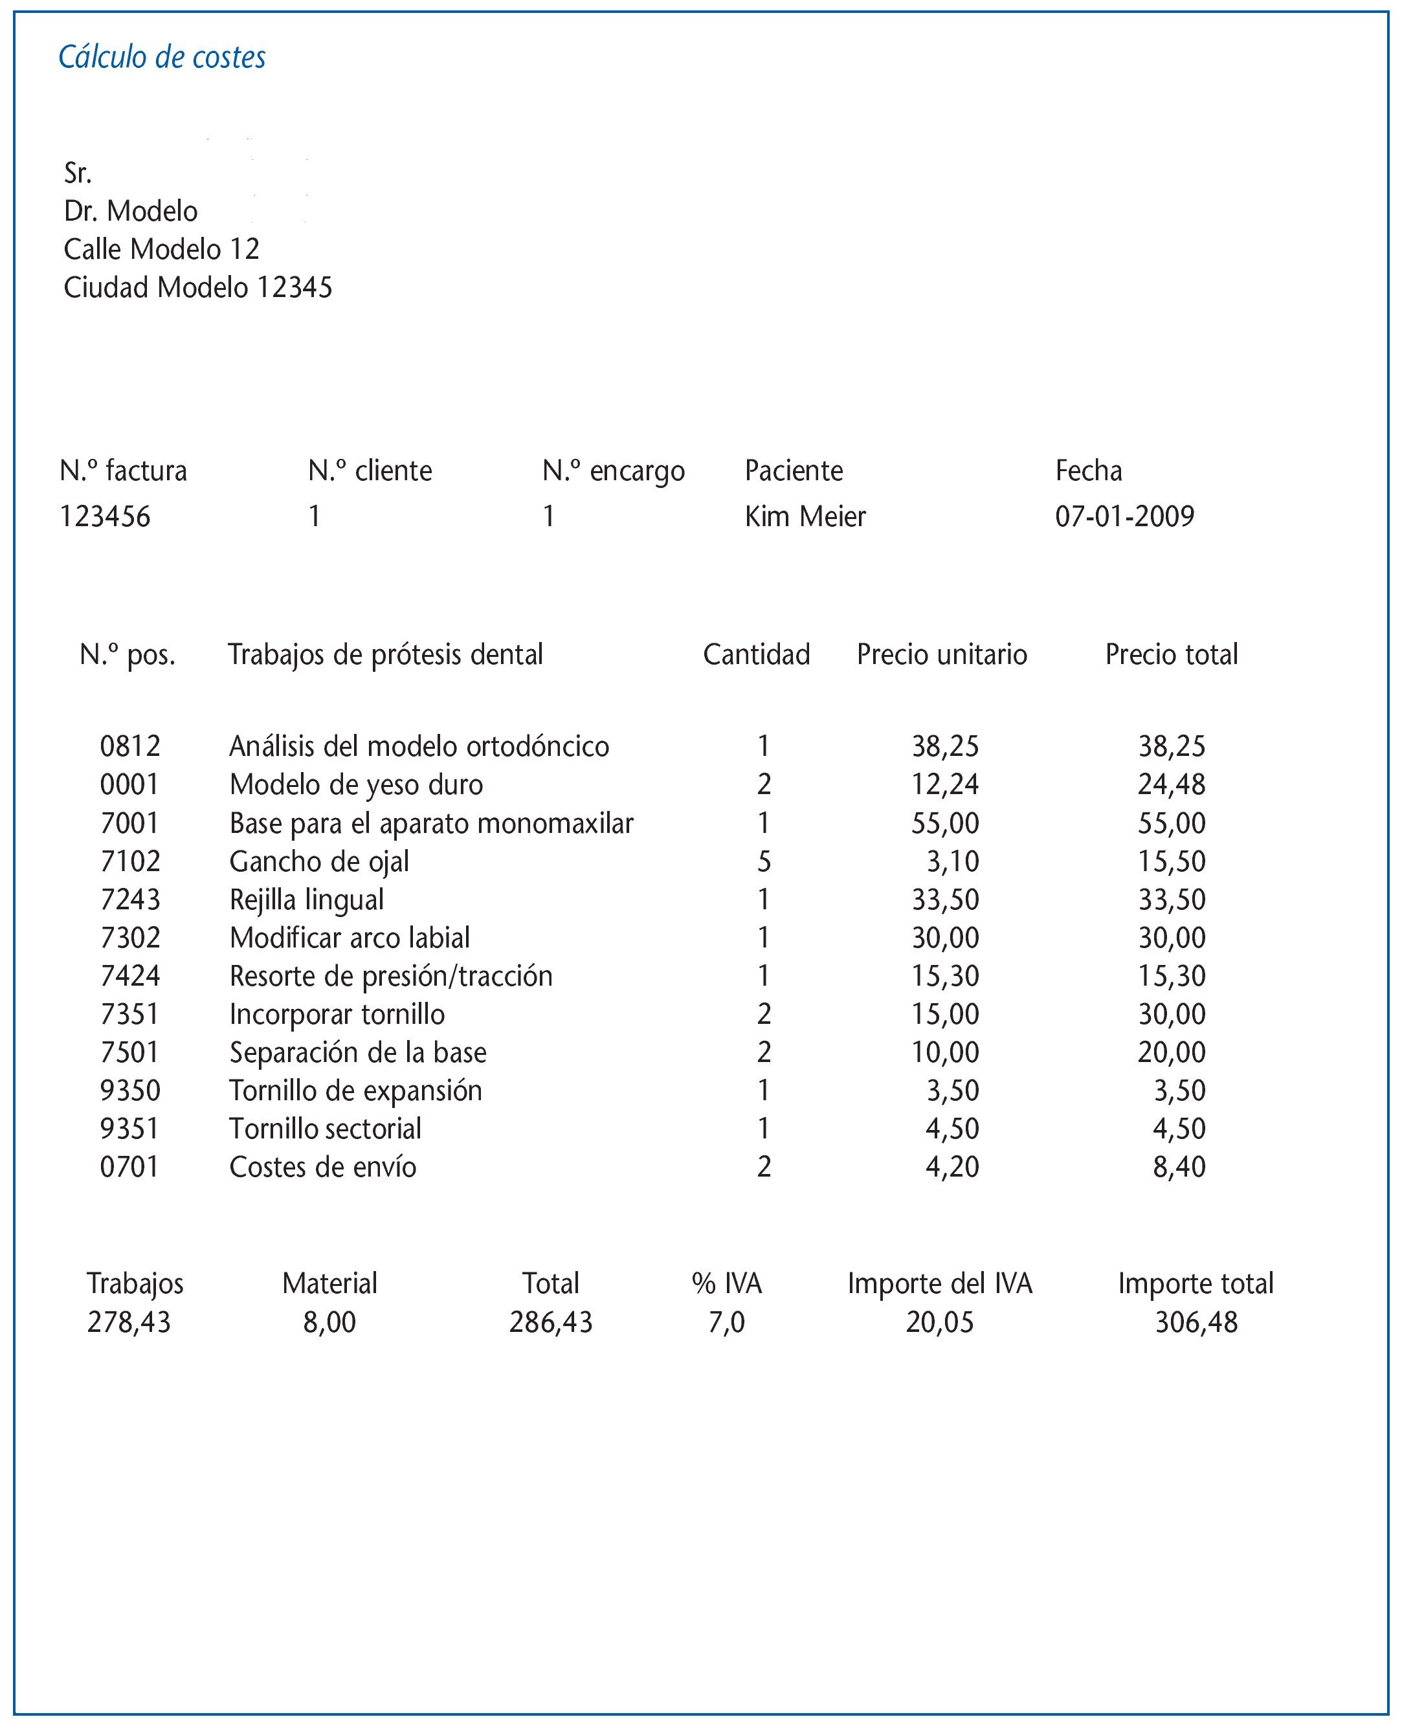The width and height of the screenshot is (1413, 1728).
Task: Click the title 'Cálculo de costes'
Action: (162, 58)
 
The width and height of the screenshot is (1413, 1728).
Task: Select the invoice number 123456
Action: (105, 517)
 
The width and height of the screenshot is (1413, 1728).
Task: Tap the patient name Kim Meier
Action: (805, 517)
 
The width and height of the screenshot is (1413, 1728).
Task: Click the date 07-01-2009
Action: (1124, 517)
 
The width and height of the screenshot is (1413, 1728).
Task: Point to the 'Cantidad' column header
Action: (756, 655)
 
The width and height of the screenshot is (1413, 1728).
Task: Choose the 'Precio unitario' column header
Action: (942, 655)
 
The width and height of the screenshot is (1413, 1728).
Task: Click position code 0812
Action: (130, 746)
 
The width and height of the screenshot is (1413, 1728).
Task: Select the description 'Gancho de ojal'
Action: (319, 861)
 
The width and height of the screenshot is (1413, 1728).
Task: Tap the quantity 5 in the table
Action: (764, 861)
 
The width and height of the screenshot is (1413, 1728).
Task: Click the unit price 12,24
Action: (945, 784)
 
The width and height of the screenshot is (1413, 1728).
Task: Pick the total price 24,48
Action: (1172, 784)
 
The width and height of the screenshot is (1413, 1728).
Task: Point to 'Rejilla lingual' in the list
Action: (307, 900)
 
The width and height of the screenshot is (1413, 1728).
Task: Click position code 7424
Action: (130, 976)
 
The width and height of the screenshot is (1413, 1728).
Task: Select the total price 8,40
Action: (1179, 1167)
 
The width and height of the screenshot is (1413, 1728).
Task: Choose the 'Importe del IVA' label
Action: (939, 1283)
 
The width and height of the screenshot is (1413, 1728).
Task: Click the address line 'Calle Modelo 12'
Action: (161, 249)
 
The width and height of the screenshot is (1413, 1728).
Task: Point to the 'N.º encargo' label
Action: (614, 471)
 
